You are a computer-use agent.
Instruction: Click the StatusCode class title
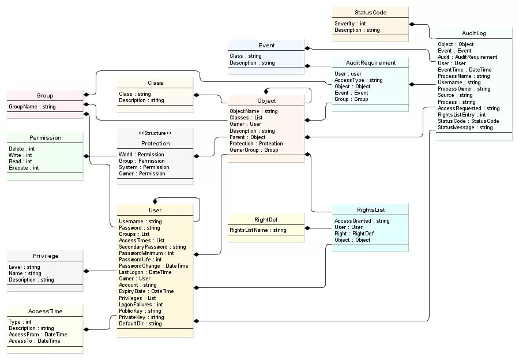pos(370,12)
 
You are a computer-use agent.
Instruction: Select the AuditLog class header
pos(473,33)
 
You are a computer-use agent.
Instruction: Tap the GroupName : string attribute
pos(32,107)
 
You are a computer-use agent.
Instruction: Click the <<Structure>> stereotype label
pos(155,133)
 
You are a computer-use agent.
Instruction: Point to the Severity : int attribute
pos(350,24)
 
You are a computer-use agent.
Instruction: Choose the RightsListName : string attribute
pos(258,230)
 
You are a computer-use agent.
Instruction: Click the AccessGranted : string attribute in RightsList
pos(362,221)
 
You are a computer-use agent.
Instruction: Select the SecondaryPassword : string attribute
pos(152,247)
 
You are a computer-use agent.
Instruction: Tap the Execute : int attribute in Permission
pos(24,168)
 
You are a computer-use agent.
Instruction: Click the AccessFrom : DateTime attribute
pos(37,335)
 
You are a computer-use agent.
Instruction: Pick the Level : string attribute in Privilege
pos(24,267)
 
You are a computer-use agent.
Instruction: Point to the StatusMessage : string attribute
pos(465,127)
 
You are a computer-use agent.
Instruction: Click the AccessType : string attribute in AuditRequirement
pos(358,80)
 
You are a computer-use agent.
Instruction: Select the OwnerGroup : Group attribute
pos(254,150)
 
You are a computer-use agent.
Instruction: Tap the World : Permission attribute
pos(141,155)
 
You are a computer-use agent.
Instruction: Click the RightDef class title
pos(266,220)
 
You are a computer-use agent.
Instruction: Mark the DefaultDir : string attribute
pos(140,324)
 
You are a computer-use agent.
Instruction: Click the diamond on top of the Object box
pos(266,92)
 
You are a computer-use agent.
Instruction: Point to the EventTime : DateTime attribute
pos(464,70)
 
